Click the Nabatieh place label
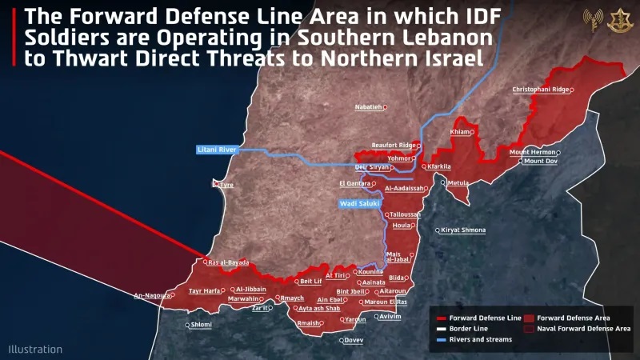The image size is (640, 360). click(369, 106)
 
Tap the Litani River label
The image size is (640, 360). click(217, 150)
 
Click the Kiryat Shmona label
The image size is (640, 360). click(463, 230)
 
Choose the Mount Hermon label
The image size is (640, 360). click(532, 152)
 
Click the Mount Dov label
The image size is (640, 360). click(541, 162)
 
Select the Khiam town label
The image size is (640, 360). click(460, 132)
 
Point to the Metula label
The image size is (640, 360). click(458, 183)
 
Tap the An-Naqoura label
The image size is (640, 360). click(151, 295)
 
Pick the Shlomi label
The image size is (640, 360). click(201, 325)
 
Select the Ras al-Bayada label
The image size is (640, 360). click(228, 262)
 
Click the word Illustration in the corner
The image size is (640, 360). click(35, 349)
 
